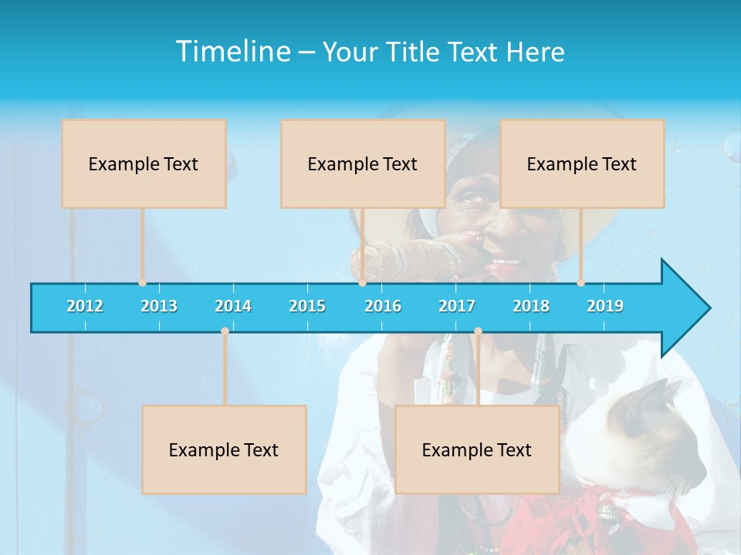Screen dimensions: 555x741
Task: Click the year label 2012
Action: [x=85, y=306]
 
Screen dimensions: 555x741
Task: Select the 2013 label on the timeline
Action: [x=159, y=306]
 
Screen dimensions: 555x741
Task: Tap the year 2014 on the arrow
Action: [x=233, y=306]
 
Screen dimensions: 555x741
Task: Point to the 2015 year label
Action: [x=307, y=306]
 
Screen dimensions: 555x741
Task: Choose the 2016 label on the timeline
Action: [x=383, y=306]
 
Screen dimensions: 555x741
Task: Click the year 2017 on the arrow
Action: [x=457, y=306]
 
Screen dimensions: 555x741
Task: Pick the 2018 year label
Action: [x=531, y=306]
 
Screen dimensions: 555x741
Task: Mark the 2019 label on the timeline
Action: [x=605, y=306]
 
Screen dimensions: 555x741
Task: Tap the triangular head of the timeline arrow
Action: [x=684, y=308]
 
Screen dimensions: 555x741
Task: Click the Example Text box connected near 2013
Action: [x=144, y=163]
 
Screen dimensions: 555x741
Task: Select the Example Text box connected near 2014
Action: [x=224, y=449]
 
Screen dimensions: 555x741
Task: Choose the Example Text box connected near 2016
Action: [x=363, y=163]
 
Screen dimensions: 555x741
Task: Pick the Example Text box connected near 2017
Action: [x=477, y=449]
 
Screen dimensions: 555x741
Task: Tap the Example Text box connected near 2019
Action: [x=582, y=163]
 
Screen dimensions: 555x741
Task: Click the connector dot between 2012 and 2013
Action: [x=142, y=283]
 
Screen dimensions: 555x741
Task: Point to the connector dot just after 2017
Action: [x=478, y=331]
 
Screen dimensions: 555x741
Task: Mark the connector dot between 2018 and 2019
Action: [x=581, y=283]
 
